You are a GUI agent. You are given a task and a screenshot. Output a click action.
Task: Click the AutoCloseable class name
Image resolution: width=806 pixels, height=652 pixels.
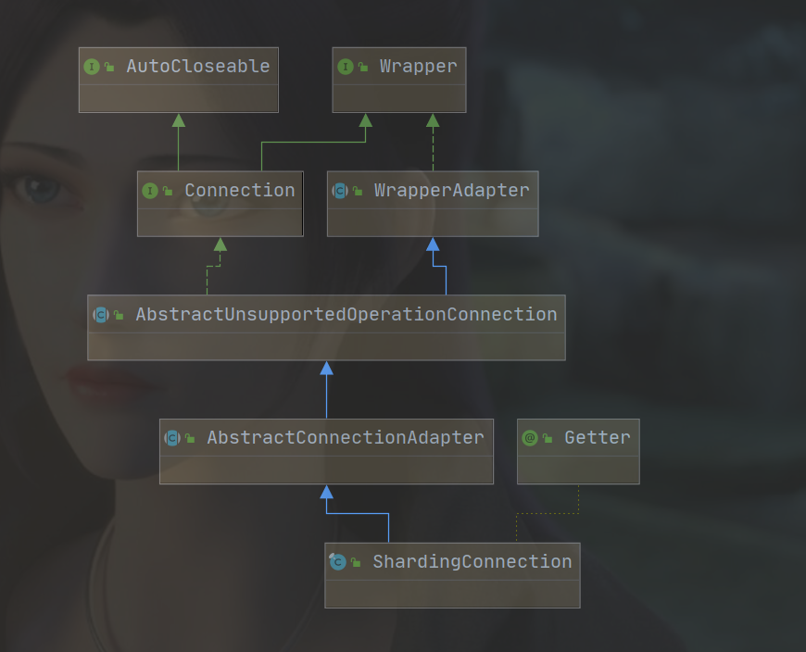(198, 67)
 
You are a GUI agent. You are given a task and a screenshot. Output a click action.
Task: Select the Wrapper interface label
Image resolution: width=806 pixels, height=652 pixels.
(419, 67)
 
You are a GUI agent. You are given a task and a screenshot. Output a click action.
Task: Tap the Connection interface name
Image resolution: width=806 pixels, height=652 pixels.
(240, 190)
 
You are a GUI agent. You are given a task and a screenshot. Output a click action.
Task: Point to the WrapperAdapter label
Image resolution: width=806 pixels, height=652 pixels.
(452, 191)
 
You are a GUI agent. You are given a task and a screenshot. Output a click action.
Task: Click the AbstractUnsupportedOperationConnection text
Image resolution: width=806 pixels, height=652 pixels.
(346, 315)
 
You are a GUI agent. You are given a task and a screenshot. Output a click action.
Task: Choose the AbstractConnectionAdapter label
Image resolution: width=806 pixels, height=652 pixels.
(346, 438)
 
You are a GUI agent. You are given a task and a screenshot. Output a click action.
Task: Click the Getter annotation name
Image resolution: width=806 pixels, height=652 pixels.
(598, 438)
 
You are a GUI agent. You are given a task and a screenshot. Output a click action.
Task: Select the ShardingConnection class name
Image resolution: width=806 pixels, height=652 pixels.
(472, 561)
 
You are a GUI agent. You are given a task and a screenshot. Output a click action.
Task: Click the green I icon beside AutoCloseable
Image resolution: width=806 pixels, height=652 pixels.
(92, 67)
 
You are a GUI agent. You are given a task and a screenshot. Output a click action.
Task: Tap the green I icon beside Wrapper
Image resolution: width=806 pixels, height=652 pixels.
(346, 67)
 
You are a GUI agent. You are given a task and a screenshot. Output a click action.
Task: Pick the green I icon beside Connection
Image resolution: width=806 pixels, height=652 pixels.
(150, 191)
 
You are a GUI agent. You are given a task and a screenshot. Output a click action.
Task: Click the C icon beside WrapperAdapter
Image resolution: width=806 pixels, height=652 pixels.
(340, 191)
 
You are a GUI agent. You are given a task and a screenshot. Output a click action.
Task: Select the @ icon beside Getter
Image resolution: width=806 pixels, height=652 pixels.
(529, 438)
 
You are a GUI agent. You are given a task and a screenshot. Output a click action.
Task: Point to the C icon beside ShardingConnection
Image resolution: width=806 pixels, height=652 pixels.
(337, 561)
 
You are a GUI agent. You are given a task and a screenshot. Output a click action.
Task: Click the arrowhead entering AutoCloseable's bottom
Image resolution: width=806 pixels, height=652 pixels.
(179, 120)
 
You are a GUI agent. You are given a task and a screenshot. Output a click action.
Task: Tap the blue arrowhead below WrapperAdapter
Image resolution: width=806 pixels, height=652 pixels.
(433, 244)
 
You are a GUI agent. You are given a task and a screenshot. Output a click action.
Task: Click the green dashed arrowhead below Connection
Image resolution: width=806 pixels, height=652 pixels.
(220, 244)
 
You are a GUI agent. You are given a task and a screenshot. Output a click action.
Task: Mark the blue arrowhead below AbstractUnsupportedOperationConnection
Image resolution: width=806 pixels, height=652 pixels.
(326, 368)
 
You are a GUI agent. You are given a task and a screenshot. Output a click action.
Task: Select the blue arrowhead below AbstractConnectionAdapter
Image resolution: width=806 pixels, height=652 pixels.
(326, 492)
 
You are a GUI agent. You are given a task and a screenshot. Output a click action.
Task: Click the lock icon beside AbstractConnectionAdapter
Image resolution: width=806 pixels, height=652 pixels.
(190, 438)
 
